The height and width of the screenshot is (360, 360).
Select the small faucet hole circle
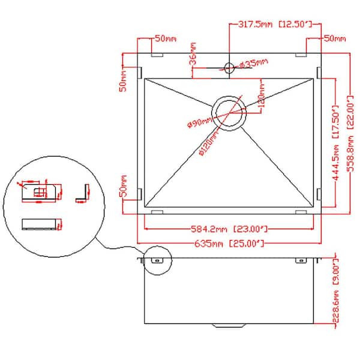[x=227, y=65]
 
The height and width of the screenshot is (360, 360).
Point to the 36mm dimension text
[x=193, y=54]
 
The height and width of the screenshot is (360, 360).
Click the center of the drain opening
[x=228, y=111]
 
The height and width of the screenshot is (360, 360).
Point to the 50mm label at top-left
[x=166, y=38]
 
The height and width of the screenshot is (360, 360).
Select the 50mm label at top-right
[x=335, y=38]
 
